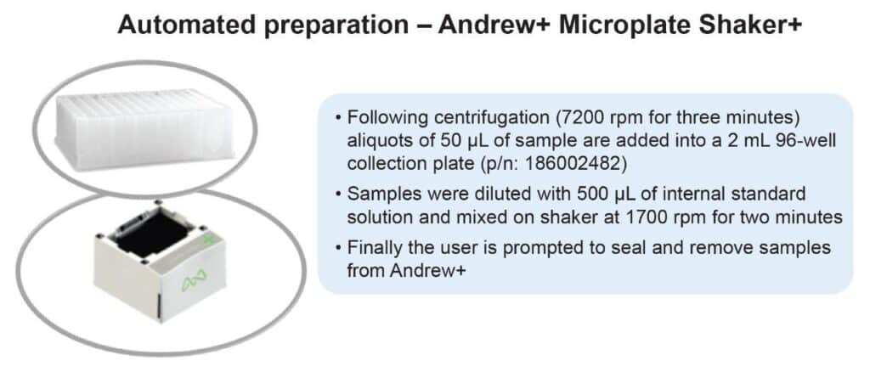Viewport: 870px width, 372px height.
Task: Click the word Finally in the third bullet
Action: click(x=373, y=246)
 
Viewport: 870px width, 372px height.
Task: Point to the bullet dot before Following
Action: click(x=338, y=119)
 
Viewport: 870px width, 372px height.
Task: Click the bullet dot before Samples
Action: click(x=338, y=195)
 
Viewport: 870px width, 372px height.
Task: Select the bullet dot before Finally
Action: click(x=338, y=247)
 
